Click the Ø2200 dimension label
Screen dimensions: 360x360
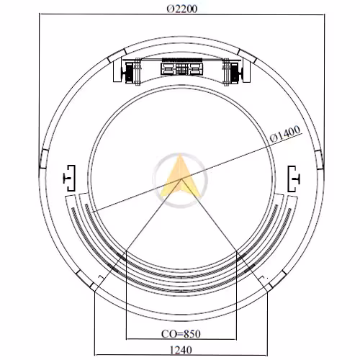point(182,9)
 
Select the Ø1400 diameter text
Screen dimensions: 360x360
point(285,134)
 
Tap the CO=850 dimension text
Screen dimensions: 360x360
point(181,334)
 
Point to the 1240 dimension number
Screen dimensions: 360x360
point(181,350)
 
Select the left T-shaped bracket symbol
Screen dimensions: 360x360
point(70,178)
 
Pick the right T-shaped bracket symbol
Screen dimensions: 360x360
point(294,179)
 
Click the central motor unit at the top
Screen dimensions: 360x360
point(181,69)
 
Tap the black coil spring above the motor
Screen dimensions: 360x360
point(181,60)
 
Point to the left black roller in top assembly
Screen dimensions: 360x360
point(130,71)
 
